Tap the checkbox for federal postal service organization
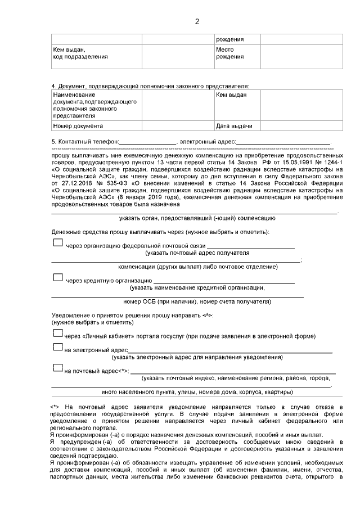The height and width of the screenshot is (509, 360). point(57,243)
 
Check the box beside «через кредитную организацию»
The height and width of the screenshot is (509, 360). point(57,277)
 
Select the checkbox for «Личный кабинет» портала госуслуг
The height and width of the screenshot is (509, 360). point(57,334)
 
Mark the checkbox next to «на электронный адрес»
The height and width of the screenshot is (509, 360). point(57,349)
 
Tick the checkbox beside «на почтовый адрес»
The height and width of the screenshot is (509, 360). point(57,368)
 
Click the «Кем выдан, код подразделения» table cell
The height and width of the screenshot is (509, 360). point(96,53)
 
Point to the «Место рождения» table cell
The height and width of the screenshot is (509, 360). point(236,53)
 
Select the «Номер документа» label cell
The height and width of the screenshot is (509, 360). point(96,126)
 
